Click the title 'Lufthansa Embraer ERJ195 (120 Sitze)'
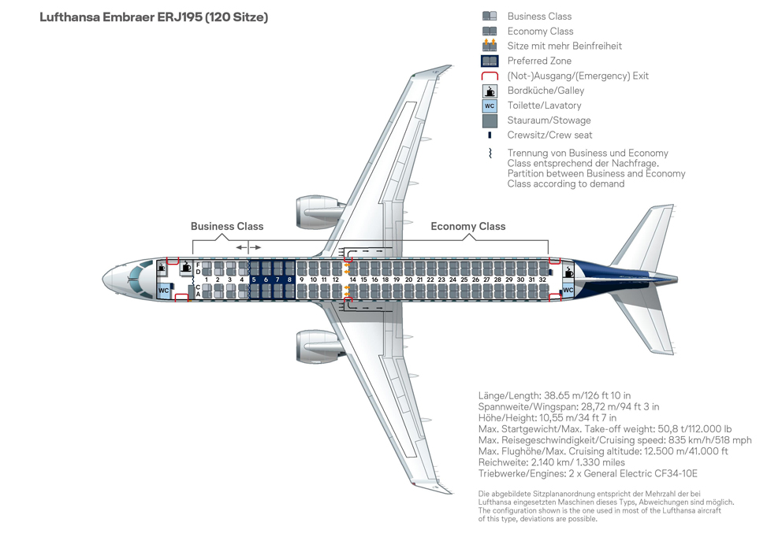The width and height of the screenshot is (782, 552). [154, 17]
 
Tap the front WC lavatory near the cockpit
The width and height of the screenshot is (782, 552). [163, 291]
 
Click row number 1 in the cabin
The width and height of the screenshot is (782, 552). [207, 280]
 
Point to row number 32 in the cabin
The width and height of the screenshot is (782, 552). [542, 280]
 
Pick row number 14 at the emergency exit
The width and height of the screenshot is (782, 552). [352, 280]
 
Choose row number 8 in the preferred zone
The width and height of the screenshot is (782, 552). [289, 280]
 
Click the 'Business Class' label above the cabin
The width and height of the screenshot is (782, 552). [227, 226]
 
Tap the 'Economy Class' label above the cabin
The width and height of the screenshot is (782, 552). [467, 226]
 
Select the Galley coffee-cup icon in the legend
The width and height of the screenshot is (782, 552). [490, 91]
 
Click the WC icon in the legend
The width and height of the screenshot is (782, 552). [490, 106]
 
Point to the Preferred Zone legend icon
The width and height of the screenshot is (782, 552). [490, 61]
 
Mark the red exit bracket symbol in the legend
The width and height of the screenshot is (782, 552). [490, 76]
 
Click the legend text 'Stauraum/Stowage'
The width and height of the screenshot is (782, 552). [549, 120]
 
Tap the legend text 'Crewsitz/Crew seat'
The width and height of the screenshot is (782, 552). [549, 135]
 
